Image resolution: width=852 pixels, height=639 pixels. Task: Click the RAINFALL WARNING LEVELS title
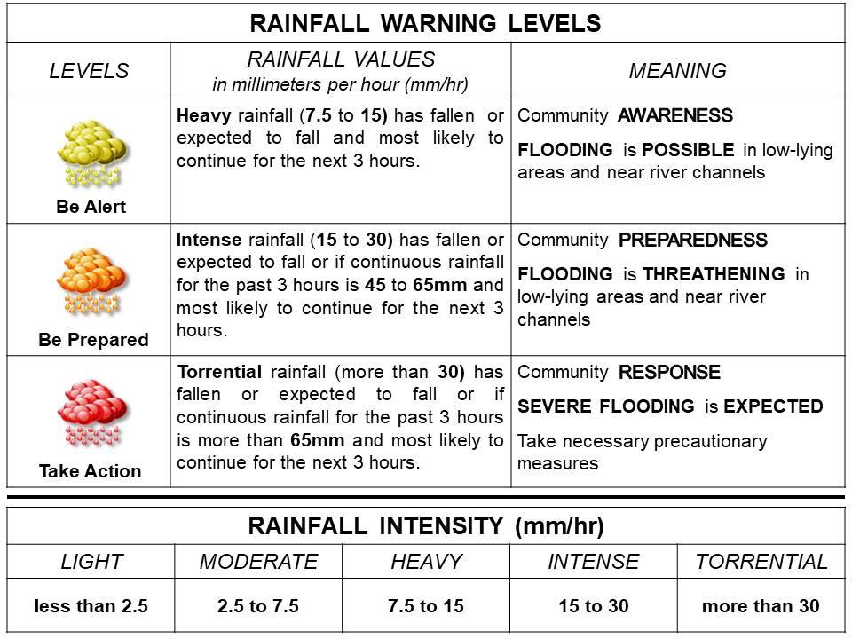tap(425, 22)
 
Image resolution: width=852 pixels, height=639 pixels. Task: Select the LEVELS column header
tap(89, 71)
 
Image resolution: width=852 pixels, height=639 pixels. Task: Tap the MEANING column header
tap(677, 71)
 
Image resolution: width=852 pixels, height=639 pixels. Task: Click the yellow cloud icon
tap(92, 152)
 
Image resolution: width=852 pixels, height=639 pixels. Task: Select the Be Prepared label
tap(93, 340)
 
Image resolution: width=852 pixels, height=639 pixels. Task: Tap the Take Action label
tap(90, 471)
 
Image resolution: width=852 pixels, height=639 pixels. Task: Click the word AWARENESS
tap(675, 115)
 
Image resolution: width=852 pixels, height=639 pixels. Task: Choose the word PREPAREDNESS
tap(693, 241)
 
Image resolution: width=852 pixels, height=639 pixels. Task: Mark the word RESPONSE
tap(669, 372)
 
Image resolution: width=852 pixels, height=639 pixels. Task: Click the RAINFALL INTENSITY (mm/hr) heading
tap(425, 525)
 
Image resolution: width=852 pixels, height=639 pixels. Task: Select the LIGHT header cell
tap(91, 562)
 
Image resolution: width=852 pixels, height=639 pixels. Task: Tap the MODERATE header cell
tap(258, 562)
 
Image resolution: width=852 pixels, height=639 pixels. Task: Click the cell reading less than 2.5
tap(91, 607)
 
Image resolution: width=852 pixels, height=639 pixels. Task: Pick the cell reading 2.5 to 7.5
tap(258, 607)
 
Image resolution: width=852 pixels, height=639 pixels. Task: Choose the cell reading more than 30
tap(761, 607)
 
